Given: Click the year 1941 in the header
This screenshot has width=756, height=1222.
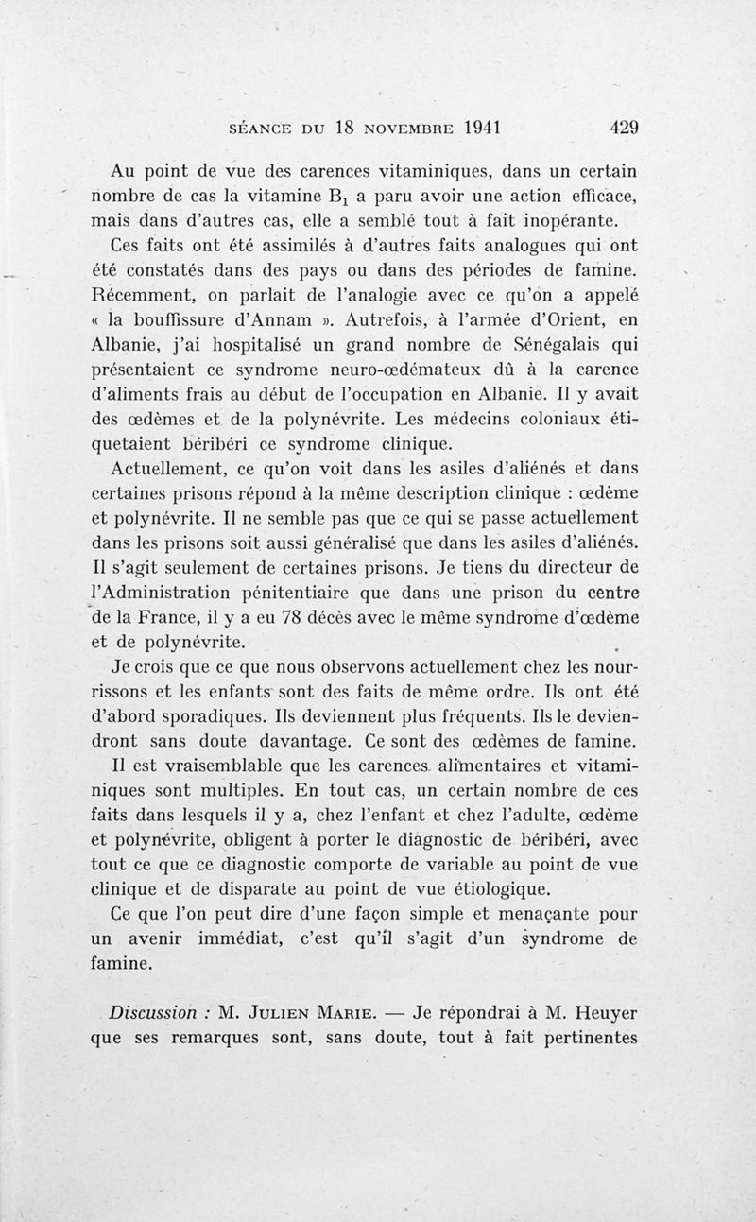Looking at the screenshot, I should [472, 128].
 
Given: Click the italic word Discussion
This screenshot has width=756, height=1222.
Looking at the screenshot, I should [151, 1012].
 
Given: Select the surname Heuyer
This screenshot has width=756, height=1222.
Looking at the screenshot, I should [603, 1012].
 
